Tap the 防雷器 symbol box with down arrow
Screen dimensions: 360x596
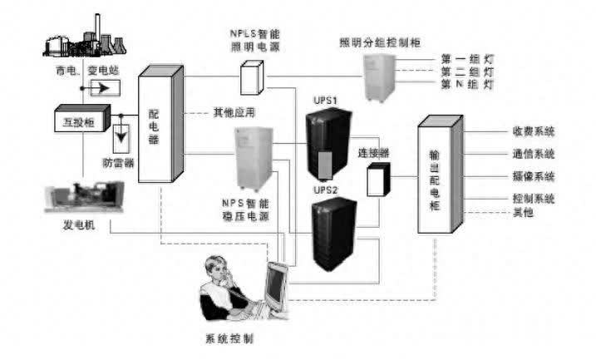[125, 134]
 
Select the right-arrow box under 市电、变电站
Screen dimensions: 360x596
[104, 86]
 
